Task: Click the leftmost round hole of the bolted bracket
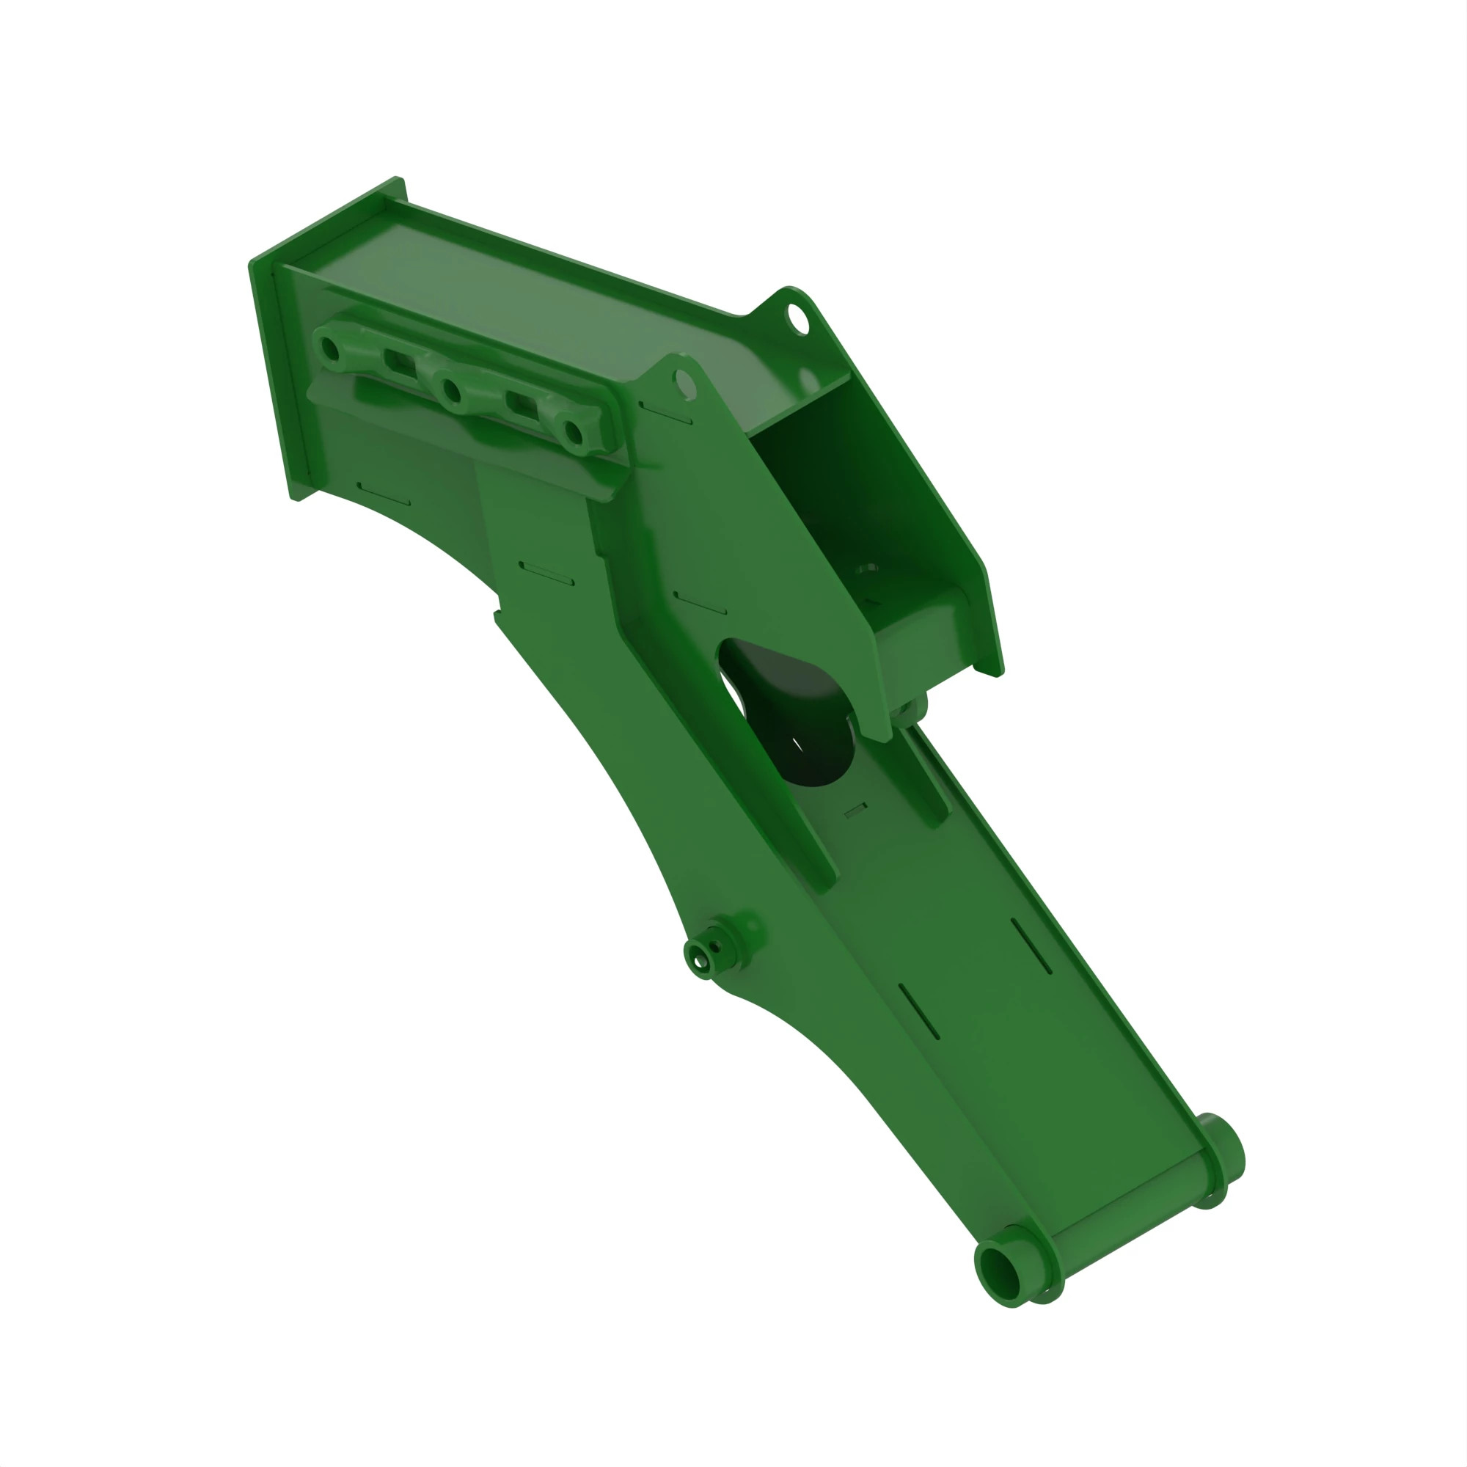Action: (330, 350)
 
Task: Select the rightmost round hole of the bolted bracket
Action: (574, 434)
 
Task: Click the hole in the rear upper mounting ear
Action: (797, 315)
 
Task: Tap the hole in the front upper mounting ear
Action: (684, 384)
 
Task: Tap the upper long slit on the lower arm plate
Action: (1031, 946)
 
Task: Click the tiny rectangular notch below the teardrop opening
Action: (856, 810)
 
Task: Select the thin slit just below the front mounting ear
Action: (666, 414)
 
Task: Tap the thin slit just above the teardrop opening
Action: (700, 603)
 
